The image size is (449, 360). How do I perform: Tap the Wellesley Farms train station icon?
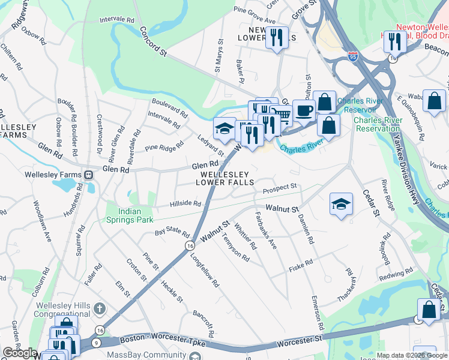88,175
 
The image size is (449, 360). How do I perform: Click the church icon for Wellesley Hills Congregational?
100,310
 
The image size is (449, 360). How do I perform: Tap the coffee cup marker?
304,110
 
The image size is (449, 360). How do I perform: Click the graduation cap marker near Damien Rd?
341,204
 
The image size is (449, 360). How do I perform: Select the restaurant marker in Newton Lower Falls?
277,38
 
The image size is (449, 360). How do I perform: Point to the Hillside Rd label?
185,204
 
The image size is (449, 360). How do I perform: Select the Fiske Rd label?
301,263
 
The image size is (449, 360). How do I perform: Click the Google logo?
20,353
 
